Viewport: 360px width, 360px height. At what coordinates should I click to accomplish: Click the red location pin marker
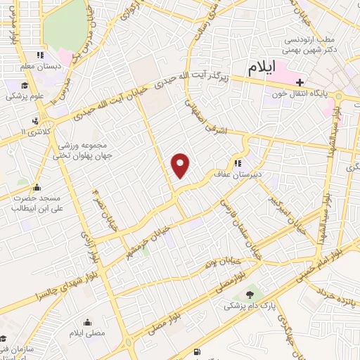[x=181, y=165]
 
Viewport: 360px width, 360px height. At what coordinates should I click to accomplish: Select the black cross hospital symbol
[x=300, y=82]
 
